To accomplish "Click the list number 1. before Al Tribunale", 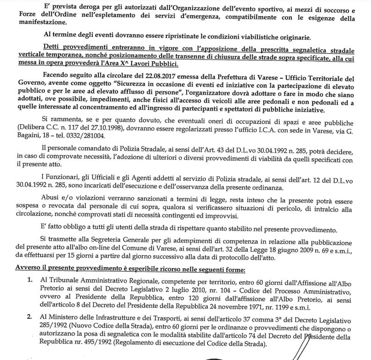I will (30, 280).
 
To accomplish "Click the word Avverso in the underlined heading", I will (27, 269).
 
